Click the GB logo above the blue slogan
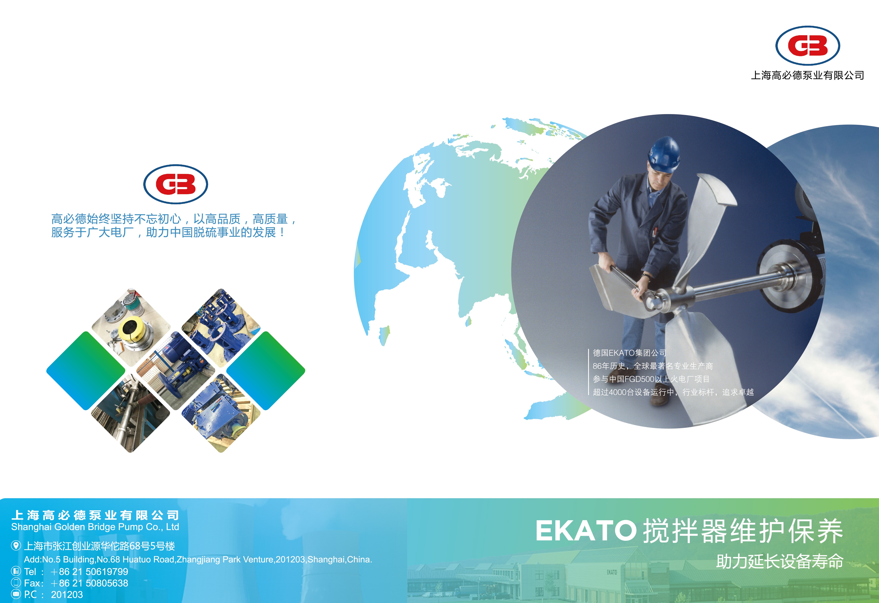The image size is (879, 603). coord(175,184)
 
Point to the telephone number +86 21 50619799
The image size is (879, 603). coord(89,572)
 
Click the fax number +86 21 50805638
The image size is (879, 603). coord(89,583)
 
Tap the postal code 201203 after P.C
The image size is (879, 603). coord(67,595)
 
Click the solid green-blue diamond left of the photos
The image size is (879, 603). coord(86,371)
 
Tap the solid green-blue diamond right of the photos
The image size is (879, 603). coord(266,371)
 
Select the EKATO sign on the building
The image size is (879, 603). coord(612,572)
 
